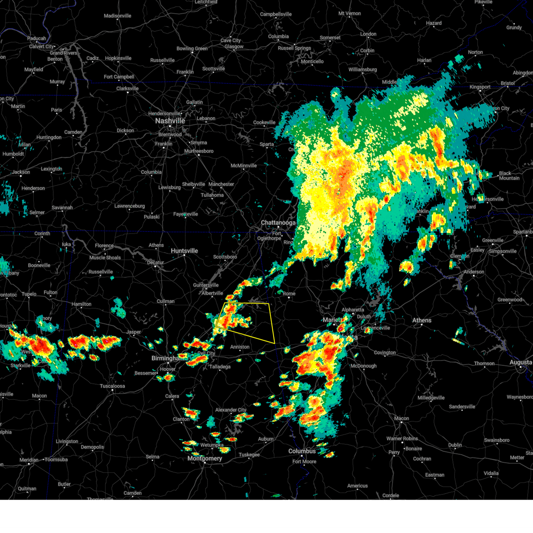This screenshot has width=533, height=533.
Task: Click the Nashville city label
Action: click(170, 121)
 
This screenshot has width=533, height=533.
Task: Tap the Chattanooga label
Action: click(278, 223)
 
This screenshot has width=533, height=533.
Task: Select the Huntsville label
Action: click(184, 251)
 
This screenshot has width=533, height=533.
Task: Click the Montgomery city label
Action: click(205, 458)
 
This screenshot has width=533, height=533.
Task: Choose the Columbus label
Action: click(302, 451)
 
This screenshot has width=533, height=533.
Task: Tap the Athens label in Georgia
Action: click(422, 320)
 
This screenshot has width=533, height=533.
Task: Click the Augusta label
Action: click(521, 362)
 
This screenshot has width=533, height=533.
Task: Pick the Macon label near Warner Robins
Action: click(402, 418)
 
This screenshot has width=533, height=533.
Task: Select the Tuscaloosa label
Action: click(112, 386)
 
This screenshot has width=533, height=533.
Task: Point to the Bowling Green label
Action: click(192, 49)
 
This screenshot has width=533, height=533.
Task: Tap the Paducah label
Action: click(36, 39)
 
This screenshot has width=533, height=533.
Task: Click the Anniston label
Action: click(240, 347)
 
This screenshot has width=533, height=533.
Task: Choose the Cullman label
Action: click(166, 301)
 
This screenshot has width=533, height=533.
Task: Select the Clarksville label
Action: click(127, 88)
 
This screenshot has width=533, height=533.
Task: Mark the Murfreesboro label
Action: click(199, 151)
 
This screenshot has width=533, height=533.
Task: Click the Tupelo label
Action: click(29, 294)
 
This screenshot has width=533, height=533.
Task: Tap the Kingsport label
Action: click(480, 87)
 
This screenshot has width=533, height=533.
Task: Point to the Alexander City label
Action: click(231, 410)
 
